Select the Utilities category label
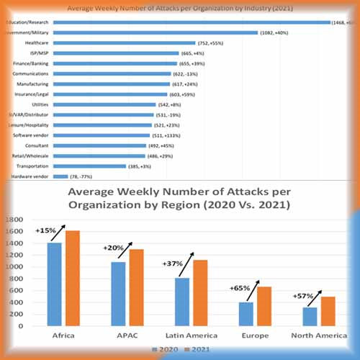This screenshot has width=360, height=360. coord(40,104)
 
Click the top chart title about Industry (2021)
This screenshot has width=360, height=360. coord(179,8)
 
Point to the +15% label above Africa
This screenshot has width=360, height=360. coord(45,231)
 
